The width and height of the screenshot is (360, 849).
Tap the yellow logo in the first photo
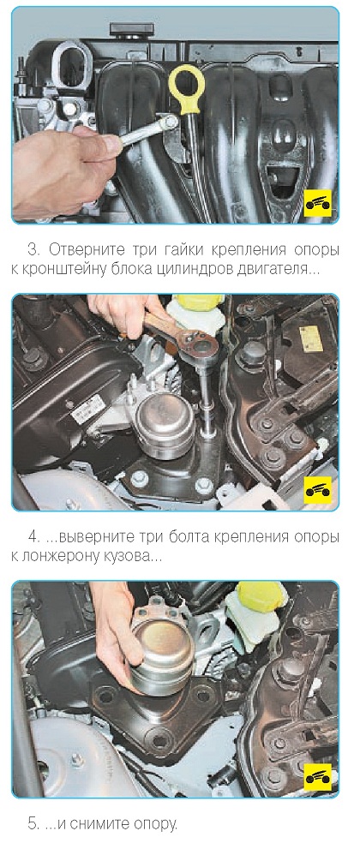click(x=316, y=203)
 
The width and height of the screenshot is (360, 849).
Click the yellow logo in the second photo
click(x=316, y=489)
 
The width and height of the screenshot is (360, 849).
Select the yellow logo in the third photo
click(x=316, y=777)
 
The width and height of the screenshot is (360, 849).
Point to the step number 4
click(x=34, y=537)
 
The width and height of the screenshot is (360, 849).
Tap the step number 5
click(x=33, y=825)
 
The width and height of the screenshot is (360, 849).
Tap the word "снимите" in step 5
click(x=95, y=825)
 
